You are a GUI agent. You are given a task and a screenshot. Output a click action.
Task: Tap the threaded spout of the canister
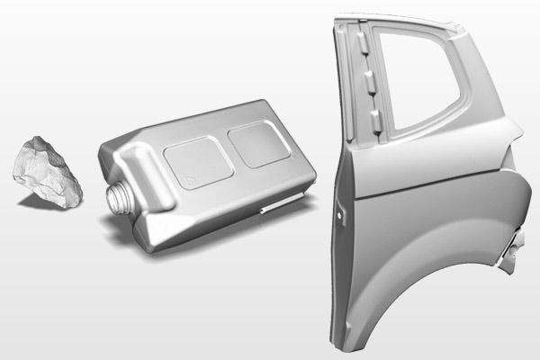click(x=117, y=196)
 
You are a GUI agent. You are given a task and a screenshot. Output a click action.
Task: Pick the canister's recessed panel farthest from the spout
click(x=256, y=141)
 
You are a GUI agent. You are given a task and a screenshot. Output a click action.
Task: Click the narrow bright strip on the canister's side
click(x=278, y=204)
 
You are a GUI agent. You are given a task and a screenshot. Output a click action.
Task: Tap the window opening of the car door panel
click(x=415, y=72)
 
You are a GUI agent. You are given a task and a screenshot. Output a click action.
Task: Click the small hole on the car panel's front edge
click(x=339, y=216)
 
